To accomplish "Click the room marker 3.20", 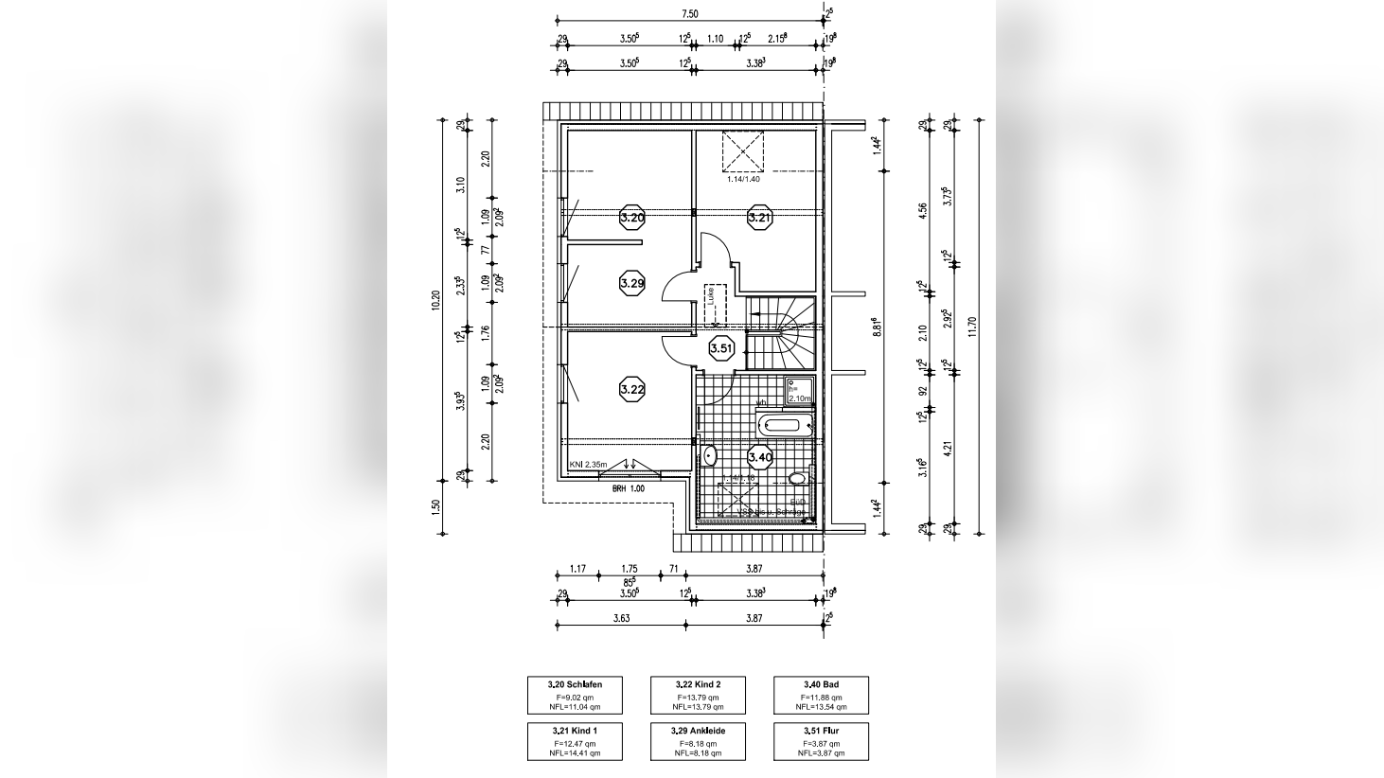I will click(632, 218).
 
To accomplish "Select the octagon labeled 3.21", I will click(759, 218).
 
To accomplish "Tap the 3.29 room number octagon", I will click(632, 282).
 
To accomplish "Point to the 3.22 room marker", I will click(632, 388).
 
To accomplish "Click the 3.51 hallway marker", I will click(722, 348).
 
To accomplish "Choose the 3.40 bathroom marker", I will click(760, 457).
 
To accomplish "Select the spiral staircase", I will click(781, 333).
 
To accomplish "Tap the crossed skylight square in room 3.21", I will click(743, 150).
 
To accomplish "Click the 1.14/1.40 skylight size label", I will click(743, 179).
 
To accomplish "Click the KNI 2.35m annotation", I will click(588, 465).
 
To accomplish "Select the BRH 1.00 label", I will click(628, 488).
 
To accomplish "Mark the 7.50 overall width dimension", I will click(690, 13).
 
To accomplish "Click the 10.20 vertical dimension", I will click(435, 299).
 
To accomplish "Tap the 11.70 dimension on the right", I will click(971, 327).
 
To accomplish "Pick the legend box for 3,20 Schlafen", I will click(576, 695).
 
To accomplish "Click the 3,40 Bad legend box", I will click(821, 695).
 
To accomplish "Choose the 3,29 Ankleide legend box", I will click(699, 741).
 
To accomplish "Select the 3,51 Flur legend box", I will click(821, 741).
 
